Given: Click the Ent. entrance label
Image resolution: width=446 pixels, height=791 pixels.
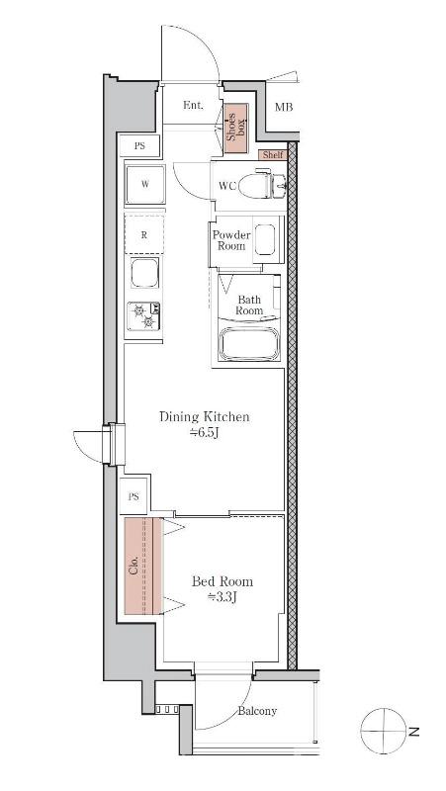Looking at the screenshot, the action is pyautogui.click(x=193, y=106).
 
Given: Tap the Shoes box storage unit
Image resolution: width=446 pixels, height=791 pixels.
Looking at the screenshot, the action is pyautogui.click(x=236, y=129).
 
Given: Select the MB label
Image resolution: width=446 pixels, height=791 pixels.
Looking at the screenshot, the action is pyautogui.click(x=284, y=107).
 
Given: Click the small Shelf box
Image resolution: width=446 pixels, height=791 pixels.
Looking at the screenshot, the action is pyautogui.click(x=273, y=155).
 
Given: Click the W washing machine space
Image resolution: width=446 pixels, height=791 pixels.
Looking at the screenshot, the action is pyautogui.click(x=144, y=184).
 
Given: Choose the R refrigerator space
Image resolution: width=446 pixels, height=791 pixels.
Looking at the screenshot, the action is pyautogui.click(x=144, y=234).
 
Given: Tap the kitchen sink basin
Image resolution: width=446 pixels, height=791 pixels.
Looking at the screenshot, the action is pyautogui.click(x=144, y=273).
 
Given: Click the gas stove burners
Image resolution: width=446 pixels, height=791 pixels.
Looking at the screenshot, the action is pyautogui.click(x=143, y=315).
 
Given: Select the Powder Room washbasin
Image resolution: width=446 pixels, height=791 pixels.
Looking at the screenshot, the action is pyautogui.click(x=265, y=240).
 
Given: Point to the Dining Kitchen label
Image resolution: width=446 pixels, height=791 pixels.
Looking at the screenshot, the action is pyautogui.click(x=205, y=417).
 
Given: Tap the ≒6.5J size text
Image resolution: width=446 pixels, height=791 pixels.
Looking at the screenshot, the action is pyautogui.click(x=205, y=432).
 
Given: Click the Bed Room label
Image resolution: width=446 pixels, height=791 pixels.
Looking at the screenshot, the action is pyautogui.click(x=223, y=581).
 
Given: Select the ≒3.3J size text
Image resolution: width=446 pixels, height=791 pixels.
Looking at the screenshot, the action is pyautogui.click(x=223, y=597).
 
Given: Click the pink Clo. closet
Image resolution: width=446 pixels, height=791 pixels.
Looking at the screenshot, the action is pyautogui.click(x=143, y=566).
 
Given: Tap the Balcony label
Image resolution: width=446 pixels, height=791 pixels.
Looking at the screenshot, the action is pyautogui.click(x=257, y=711).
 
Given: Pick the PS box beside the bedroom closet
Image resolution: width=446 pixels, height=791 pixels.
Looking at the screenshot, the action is pyautogui.click(x=134, y=497).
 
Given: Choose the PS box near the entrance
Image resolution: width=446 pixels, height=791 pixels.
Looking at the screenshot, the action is pyautogui.click(x=139, y=146).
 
